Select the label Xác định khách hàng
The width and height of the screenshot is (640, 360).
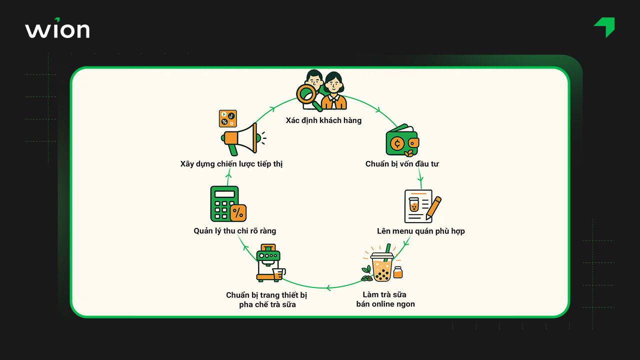[x=323, y=120]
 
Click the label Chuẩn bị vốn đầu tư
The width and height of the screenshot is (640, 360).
[x=402, y=164]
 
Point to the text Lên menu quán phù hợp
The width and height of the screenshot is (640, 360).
[x=421, y=231]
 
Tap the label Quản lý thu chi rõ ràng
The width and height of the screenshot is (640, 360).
[x=235, y=231]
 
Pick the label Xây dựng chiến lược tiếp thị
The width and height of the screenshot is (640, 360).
[x=231, y=164]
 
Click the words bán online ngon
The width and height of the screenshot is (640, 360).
[x=385, y=304]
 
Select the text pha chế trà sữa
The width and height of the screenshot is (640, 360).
[x=267, y=304]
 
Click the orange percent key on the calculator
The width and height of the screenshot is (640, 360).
[x=237, y=212]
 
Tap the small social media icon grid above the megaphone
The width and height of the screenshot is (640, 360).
[x=227, y=118]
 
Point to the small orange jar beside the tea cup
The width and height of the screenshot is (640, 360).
[x=398, y=272]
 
